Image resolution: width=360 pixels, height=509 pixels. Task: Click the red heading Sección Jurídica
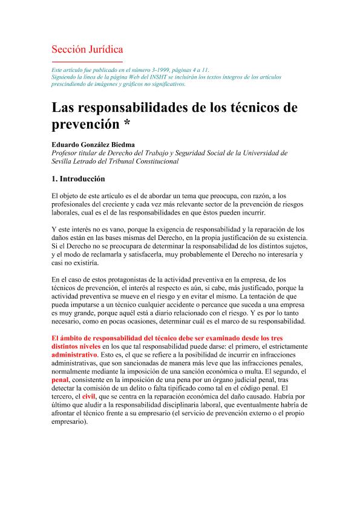87,49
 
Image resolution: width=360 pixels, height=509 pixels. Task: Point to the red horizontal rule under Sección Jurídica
87,62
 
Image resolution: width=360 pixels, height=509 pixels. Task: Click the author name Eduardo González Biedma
92,146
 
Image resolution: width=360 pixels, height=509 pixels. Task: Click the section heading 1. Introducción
79,180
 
